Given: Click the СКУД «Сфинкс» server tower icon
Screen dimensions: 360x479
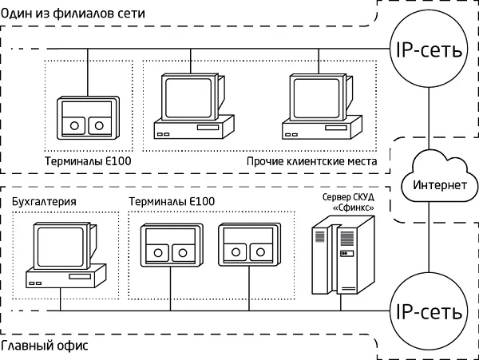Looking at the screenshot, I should [x=342, y=258].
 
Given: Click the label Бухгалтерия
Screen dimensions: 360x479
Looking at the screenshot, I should [x=45, y=202].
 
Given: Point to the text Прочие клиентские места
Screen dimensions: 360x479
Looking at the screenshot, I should [x=311, y=162].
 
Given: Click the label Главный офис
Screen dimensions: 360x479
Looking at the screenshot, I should [x=45, y=348].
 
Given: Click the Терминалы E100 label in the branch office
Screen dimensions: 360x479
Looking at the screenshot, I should [x=88, y=162].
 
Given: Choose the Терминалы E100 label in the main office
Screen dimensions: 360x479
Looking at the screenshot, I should [x=172, y=202].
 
